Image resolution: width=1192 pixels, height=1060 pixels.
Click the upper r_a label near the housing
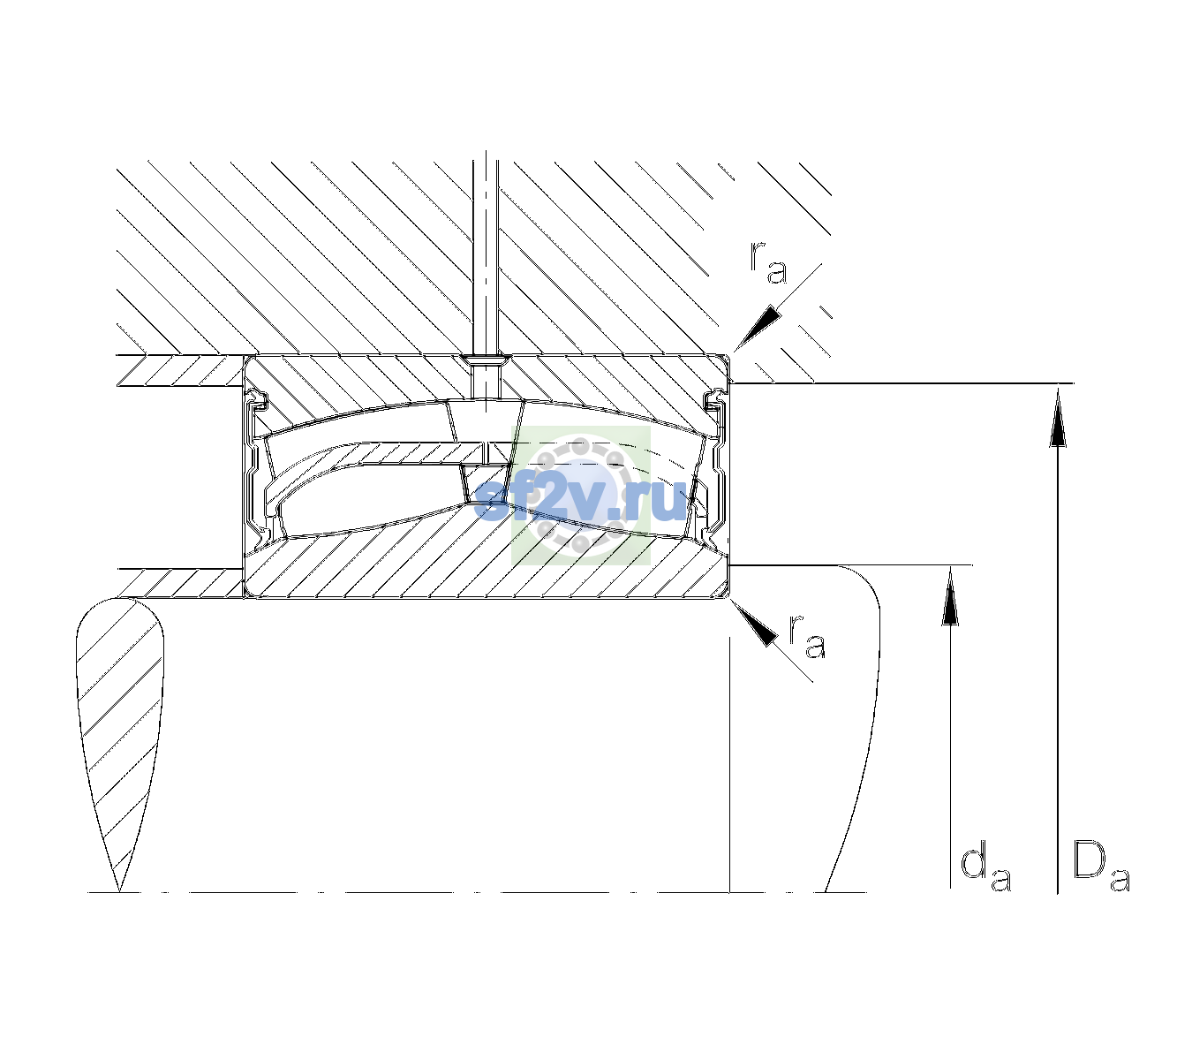768,263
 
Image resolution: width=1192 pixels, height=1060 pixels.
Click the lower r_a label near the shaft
807,636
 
